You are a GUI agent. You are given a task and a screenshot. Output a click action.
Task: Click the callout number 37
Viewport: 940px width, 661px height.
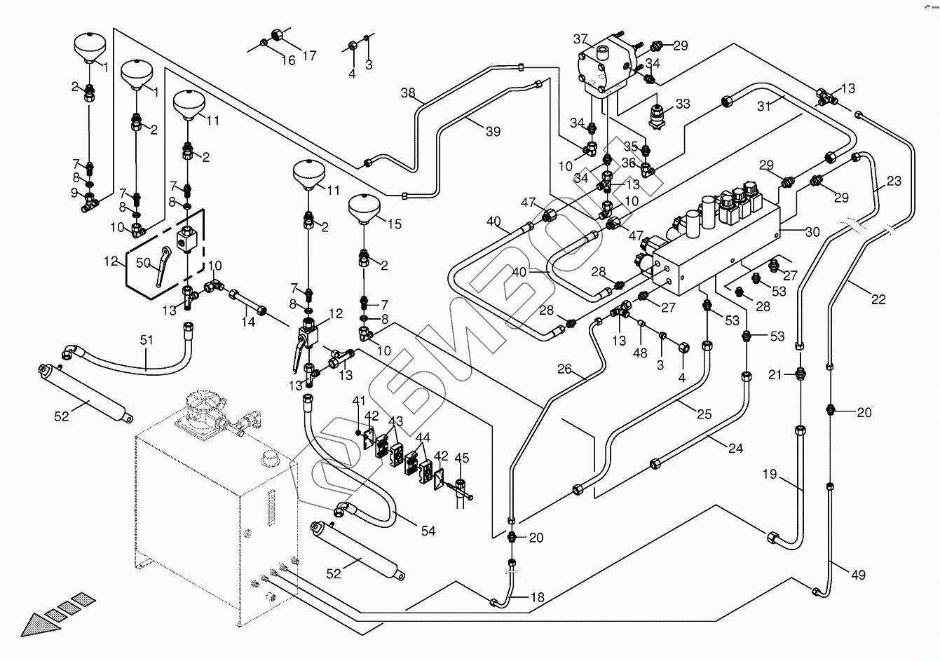[x=580, y=38]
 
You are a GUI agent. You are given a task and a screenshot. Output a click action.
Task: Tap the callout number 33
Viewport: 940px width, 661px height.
[x=683, y=104]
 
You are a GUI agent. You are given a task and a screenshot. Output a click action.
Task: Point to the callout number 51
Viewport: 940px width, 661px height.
[x=145, y=340]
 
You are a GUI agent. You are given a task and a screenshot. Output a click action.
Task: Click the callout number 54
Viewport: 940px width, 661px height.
[x=428, y=531]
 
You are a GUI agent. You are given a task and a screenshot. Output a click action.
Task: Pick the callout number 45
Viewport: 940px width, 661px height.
[x=461, y=458]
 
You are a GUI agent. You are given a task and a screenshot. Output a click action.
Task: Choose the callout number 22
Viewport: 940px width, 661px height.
[x=878, y=299]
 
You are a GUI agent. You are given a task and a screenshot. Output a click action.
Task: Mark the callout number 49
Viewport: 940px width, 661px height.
[x=858, y=575]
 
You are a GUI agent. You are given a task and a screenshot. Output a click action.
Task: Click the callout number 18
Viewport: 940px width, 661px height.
[x=536, y=599]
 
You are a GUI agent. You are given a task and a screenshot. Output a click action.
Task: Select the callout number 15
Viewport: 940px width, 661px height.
[x=395, y=224]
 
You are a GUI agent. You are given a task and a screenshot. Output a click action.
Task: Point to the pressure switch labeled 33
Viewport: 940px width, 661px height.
[x=658, y=115]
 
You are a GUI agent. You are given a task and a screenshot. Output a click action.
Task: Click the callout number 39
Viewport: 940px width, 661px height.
[x=493, y=131]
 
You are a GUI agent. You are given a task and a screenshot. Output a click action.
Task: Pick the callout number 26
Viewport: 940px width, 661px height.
[x=566, y=369]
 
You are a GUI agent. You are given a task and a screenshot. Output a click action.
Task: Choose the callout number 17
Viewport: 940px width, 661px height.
[x=309, y=56]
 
